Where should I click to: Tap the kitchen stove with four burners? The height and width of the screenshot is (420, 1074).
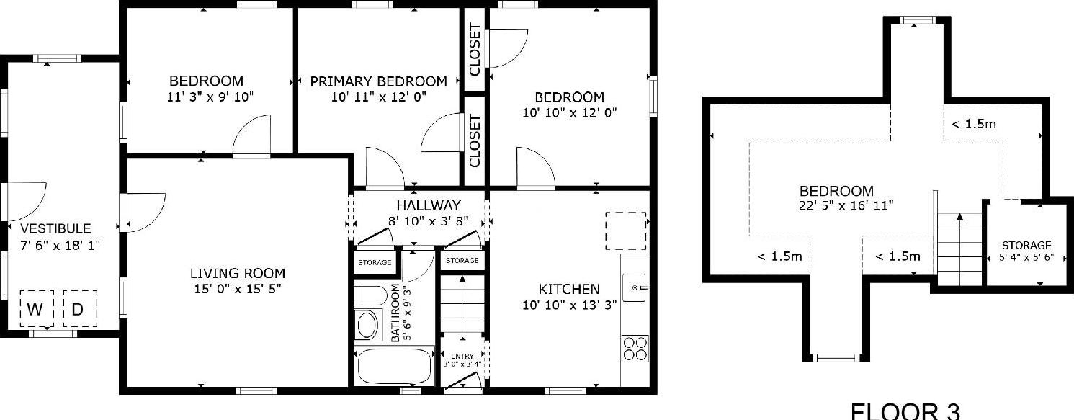tap(635, 349)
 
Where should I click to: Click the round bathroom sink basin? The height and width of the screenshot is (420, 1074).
tap(368, 325)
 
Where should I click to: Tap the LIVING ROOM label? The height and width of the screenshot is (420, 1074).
tap(238, 274)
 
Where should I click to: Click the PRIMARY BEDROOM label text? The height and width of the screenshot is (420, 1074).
tap(378, 81)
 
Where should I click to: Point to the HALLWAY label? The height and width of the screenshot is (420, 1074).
tap(428, 206)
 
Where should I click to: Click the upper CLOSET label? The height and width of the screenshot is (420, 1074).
tap(475, 49)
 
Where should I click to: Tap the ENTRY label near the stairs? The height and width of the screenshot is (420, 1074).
tap(462, 357)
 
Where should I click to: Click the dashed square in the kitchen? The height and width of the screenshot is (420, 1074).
tap(625, 230)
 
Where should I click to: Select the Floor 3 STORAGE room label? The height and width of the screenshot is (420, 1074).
tap(1026, 246)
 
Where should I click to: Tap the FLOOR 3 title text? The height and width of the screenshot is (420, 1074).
tap(905, 411)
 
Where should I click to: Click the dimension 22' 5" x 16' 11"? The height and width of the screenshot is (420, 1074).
tap(841, 205)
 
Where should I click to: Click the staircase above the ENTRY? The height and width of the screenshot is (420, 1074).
tap(461, 303)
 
